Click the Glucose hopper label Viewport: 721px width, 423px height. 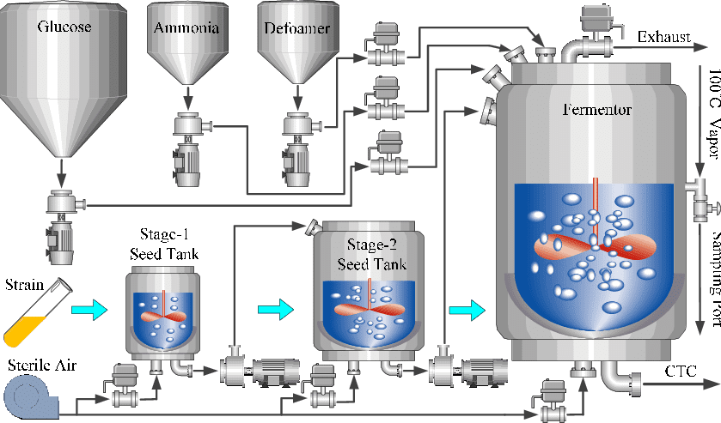click(64, 27)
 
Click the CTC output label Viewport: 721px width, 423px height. click(680, 371)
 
